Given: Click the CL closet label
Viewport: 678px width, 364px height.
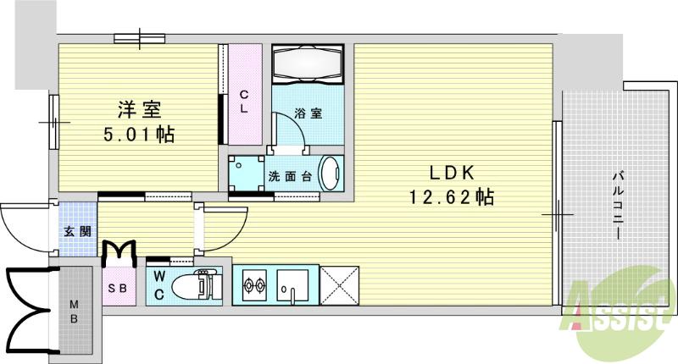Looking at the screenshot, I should coord(243,101).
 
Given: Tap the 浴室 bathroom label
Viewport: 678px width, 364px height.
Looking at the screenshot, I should coord(308,113).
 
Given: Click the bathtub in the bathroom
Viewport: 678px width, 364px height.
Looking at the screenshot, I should coord(306,65).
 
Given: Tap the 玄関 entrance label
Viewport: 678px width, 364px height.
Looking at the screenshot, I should coord(73,230).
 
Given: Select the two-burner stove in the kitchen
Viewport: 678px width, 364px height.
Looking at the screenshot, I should coord(254,286).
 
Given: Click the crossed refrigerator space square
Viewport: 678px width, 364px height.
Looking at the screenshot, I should coord(339,284).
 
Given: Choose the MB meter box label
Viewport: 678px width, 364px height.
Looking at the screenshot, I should coord(75,311).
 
